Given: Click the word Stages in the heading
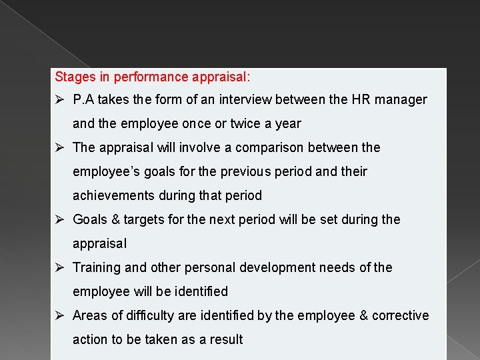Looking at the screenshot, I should tap(75, 77).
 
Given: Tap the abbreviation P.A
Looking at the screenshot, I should tap(84, 100).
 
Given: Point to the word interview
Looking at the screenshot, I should tap(239, 100).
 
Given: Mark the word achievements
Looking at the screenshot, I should tap(113, 196).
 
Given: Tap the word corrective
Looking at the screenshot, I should tap(400, 316).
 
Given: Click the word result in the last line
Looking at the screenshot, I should tap(227, 340).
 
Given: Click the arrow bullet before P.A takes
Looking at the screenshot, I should tap(59, 100).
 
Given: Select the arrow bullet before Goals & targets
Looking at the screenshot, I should tap(59, 220).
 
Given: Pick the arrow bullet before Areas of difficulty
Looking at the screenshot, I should tap(59, 316).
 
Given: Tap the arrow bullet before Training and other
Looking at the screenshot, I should tap(59, 268).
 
